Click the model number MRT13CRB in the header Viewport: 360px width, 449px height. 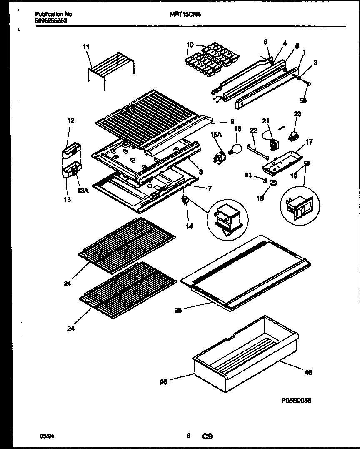185,14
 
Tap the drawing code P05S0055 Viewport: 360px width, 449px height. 296,400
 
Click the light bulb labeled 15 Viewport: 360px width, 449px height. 236,148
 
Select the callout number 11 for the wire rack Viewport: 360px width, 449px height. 86,47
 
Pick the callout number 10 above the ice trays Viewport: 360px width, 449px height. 190,45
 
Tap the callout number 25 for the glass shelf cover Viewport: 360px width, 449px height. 178,310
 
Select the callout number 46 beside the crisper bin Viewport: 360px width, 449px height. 308,372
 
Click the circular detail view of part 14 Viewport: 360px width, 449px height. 227,219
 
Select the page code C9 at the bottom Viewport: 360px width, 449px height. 207,436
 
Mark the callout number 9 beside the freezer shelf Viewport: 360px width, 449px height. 232,122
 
